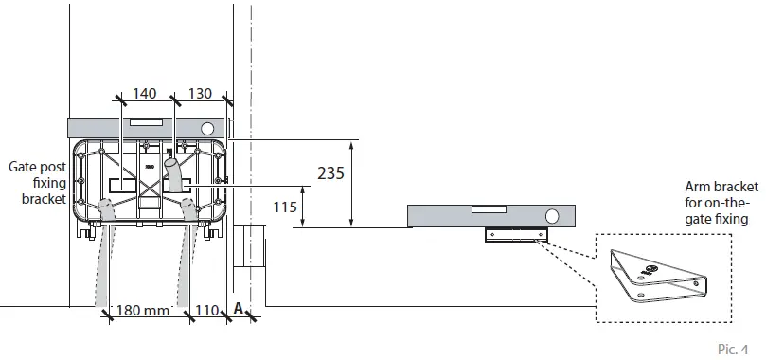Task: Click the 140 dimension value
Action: [x=145, y=93]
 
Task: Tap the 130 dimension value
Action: [x=201, y=93]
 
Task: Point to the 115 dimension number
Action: [x=284, y=207]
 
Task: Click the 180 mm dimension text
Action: [x=142, y=310]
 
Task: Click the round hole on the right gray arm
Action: [x=551, y=216]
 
